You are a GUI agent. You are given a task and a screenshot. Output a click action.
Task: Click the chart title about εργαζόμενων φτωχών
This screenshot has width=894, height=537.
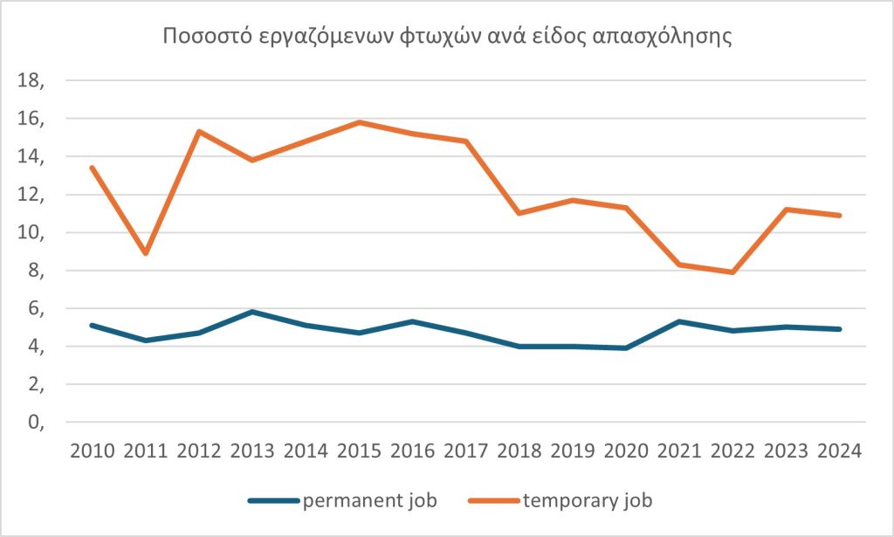click(446, 38)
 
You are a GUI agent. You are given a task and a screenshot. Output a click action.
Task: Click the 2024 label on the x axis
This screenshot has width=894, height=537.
click(840, 451)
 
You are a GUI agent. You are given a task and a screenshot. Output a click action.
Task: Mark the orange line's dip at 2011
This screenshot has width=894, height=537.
click(146, 253)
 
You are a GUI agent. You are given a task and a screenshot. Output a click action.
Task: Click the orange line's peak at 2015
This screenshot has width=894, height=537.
click(360, 122)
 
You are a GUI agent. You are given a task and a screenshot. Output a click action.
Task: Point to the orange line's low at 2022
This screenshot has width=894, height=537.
click(733, 272)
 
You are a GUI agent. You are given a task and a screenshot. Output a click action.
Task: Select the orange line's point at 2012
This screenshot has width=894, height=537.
click(200, 132)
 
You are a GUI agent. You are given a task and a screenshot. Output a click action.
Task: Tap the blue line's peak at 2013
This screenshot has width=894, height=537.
click(253, 312)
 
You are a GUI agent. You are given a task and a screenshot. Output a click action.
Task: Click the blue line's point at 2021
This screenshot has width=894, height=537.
click(680, 321)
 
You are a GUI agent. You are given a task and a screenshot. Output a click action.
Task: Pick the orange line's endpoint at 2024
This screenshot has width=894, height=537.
click(840, 216)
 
